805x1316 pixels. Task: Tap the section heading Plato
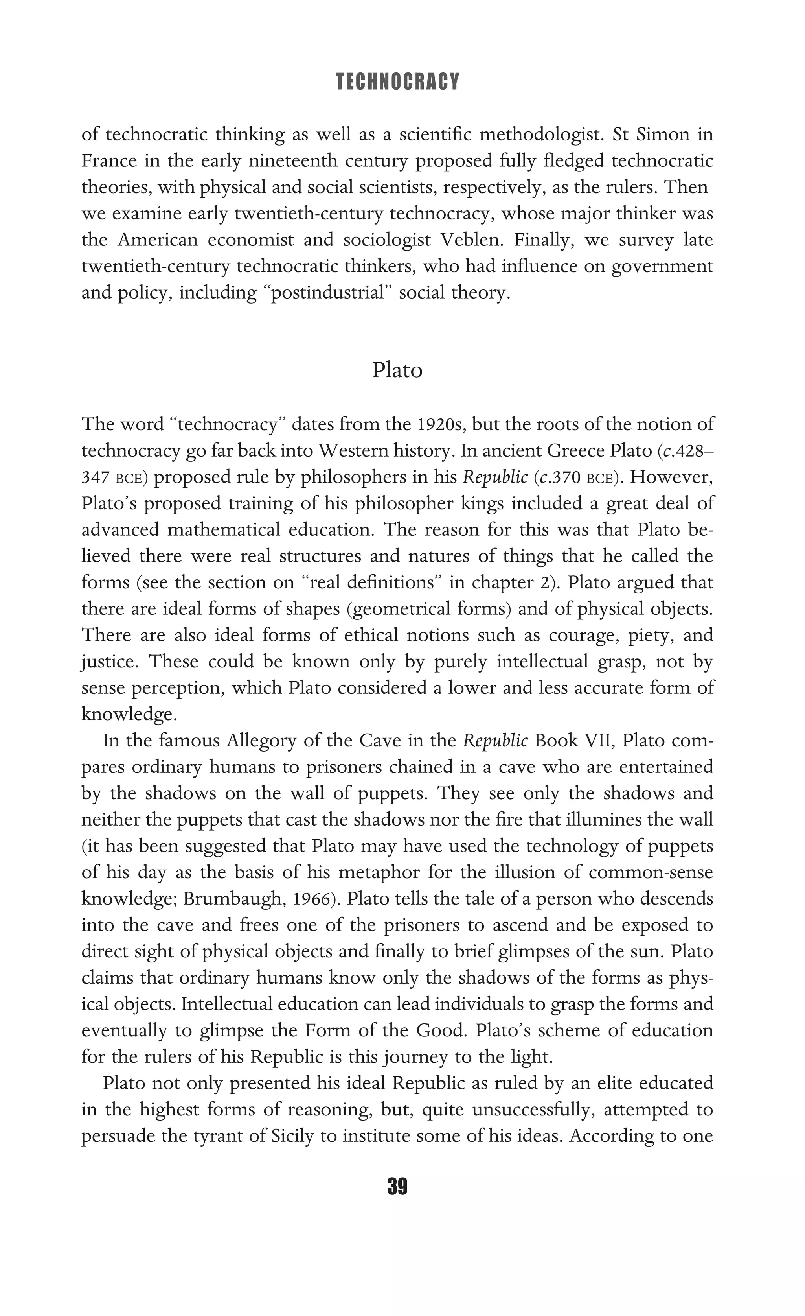click(397, 370)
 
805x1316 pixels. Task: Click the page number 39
click(397, 1186)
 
